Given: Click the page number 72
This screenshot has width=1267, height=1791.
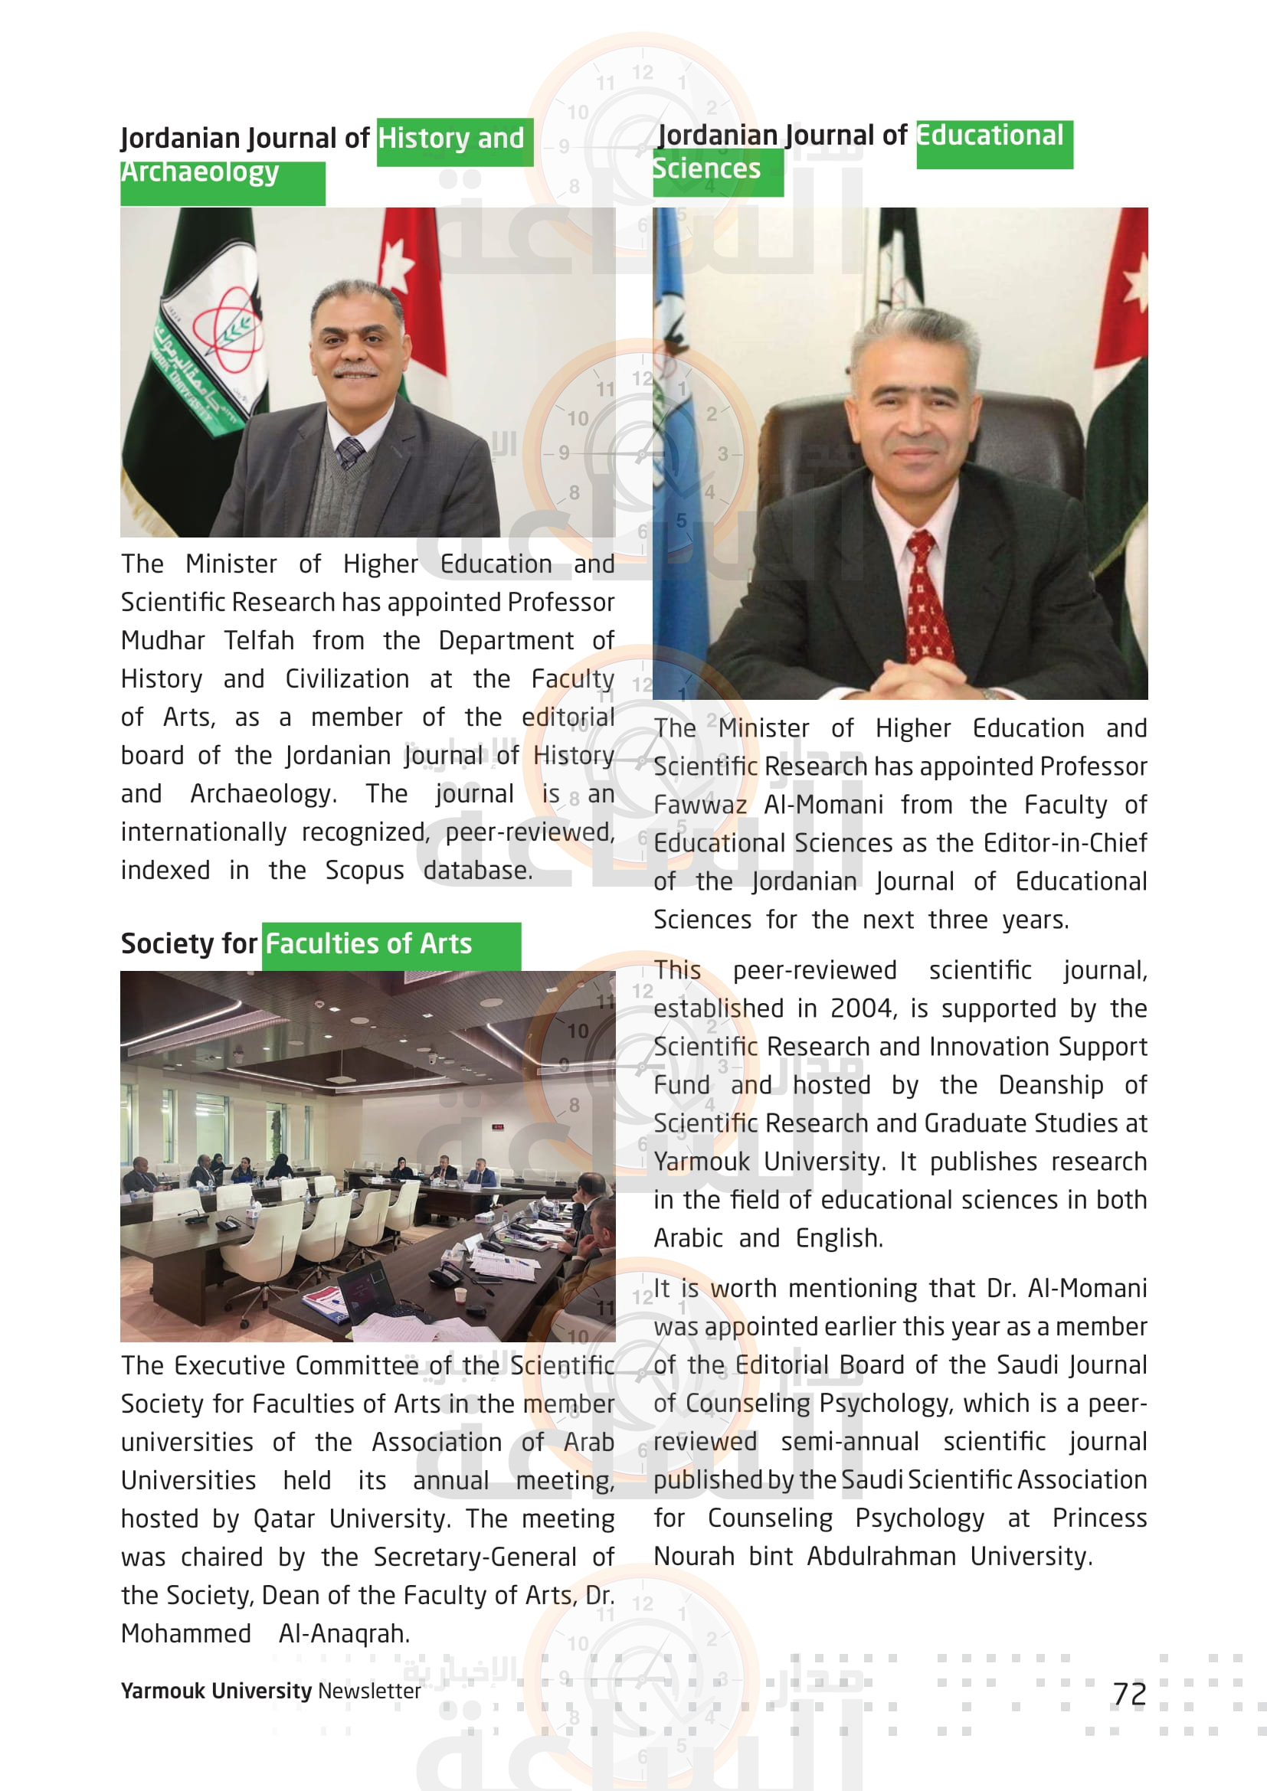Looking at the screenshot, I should tap(1129, 1695).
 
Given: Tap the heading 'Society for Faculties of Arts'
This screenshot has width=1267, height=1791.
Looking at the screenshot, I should tap(296, 944).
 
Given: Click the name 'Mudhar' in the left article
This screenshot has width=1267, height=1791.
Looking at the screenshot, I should tap(162, 641).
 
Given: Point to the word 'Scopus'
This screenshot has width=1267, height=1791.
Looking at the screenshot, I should tap(365, 871).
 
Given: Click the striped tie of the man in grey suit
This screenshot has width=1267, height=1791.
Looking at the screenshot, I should tap(349, 452).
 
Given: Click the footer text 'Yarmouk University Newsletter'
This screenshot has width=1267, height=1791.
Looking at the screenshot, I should tap(270, 1691).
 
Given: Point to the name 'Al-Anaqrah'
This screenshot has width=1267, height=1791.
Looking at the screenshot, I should tap(343, 1634).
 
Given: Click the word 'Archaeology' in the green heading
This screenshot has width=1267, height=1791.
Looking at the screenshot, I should tap(200, 172).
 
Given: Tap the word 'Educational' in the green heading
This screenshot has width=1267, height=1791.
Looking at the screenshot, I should tap(989, 136).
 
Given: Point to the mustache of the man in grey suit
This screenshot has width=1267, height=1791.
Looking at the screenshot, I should tap(355, 371).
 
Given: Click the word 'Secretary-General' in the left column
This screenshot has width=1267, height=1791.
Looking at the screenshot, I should tap(474, 1557).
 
